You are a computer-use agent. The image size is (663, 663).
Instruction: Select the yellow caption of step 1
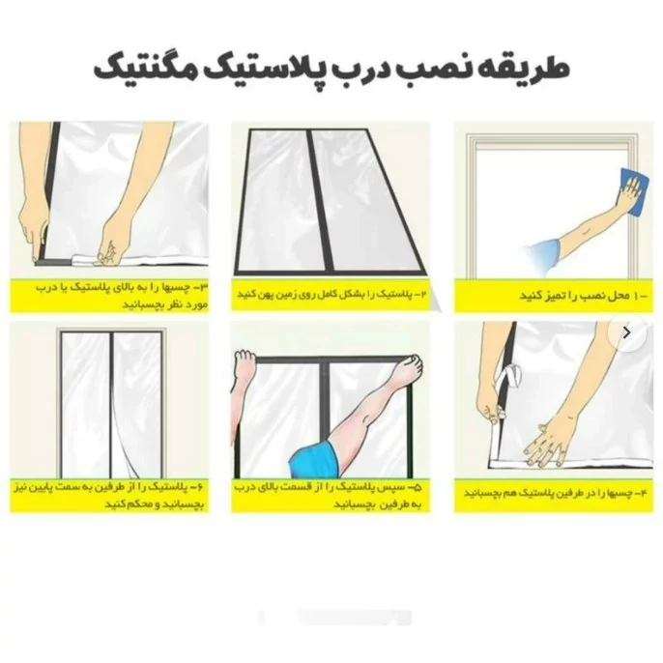pos(554,296)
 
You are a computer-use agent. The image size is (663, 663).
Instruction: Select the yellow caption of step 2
pos(331,295)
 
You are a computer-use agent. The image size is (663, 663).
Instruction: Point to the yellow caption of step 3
pos(109,296)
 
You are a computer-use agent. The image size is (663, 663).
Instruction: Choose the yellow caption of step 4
pos(554,495)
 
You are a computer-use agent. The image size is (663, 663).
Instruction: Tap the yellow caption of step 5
pos(331,495)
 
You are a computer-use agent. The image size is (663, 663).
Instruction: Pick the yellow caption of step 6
pos(109,495)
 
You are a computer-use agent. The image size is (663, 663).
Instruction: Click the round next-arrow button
pos(627,332)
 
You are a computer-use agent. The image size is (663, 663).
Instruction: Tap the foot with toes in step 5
pos(407,369)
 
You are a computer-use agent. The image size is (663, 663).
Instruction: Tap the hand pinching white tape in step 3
pos(109,250)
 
